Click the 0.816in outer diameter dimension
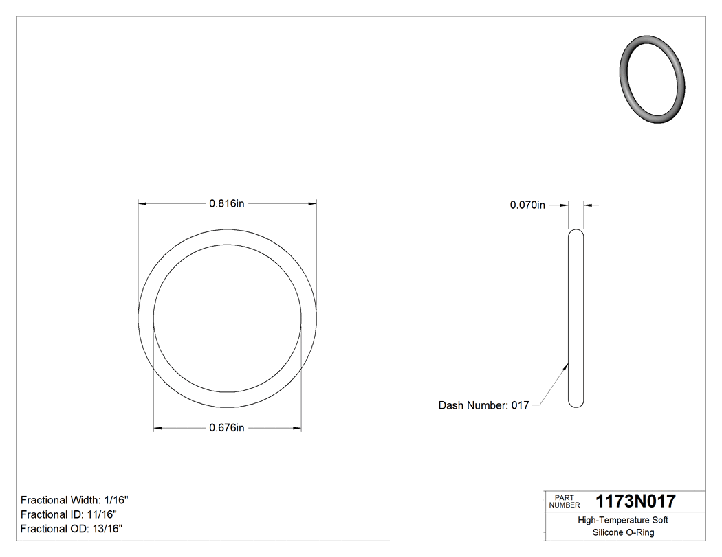227,203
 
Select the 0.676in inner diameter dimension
227,428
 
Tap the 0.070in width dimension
527,205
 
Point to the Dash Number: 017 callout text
483,405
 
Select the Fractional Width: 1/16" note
74,500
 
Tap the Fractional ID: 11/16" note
69,514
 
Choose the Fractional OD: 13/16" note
72,529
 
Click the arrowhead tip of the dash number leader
567,364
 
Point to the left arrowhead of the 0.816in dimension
142,203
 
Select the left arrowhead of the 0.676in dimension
157,429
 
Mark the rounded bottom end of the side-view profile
576,404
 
